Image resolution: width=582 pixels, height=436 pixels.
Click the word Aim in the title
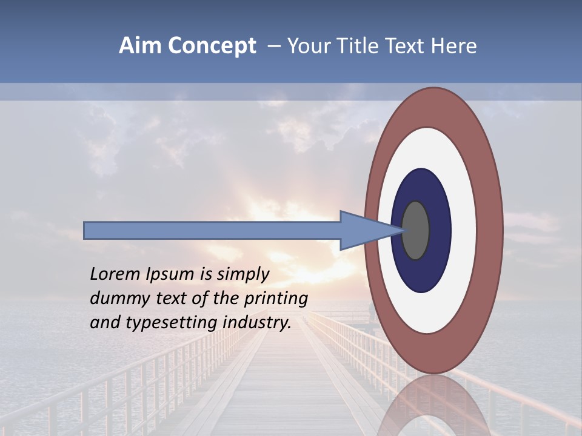(140, 46)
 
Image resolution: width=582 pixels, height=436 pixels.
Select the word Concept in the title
(212, 47)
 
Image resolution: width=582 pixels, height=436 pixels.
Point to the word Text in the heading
(407, 46)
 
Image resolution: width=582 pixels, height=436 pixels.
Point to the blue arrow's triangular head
(364, 230)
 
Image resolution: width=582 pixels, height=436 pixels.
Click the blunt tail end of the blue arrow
(87, 230)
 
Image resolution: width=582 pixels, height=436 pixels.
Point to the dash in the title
(274, 47)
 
